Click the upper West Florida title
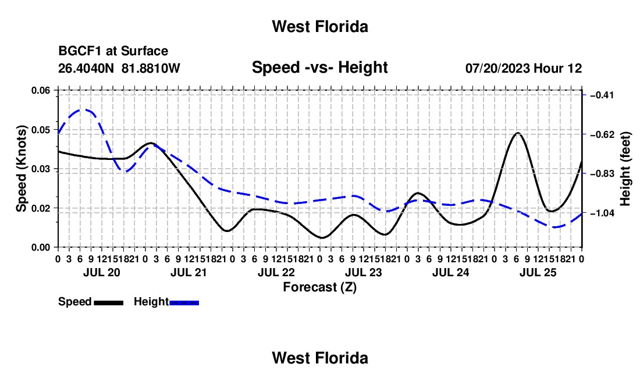click(320, 27)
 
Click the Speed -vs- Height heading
click(319, 67)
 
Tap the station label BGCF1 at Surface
click(113, 51)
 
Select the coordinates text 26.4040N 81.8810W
click(119, 68)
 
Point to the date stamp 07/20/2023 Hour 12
click(524, 68)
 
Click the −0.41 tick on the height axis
click(602, 95)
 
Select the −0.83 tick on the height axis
click(602, 174)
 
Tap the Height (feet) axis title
click(625, 169)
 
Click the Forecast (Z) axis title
click(319, 287)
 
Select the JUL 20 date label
click(102, 272)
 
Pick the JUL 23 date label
click(363, 272)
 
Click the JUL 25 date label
click(538, 272)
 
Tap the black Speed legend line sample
click(109, 302)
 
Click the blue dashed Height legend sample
click(184, 302)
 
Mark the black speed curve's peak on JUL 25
click(518, 133)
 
